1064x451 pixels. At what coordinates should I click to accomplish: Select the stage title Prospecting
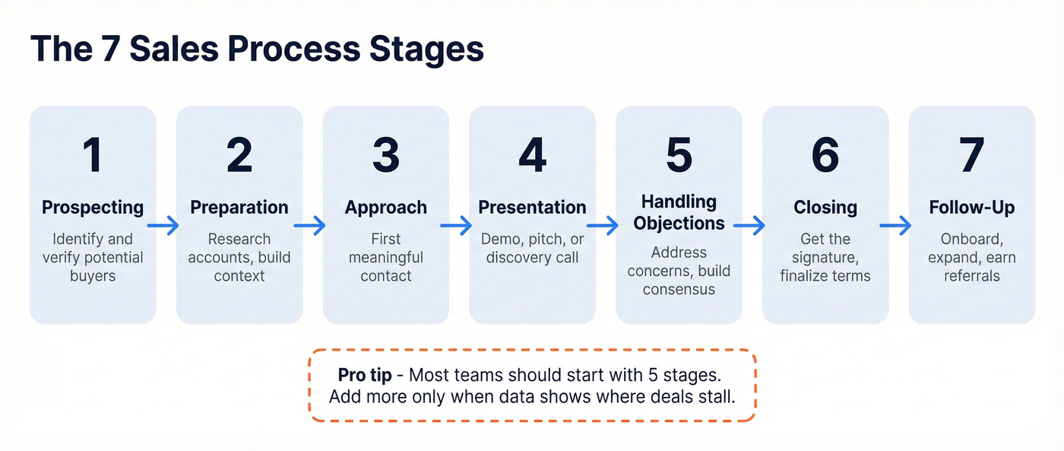pyautogui.click(x=93, y=207)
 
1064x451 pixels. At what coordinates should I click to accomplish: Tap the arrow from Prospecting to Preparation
pyautogui.click(x=163, y=225)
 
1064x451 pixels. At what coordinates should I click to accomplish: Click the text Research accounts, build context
pyautogui.click(x=239, y=257)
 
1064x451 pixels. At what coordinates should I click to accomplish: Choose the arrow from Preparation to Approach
pyautogui.click(x=310, y=225)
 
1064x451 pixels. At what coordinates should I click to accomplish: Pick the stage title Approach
pyautogui.click(x=386, y=207)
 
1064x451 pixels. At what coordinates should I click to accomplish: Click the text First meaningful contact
pyautogui.click(x=386, y=257)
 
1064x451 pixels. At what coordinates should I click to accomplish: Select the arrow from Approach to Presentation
pyautogui.click(x=457, y=225)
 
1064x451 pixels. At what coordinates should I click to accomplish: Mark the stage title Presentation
pyautogui.click(x=532, y=207)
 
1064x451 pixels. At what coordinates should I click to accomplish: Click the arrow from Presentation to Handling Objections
pyautogui.click(x=603, y=225)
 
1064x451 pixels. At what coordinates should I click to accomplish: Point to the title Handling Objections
pyautogui.click(x=679, y=212)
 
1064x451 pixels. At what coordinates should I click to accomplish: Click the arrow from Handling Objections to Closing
pyautogui.click(x=749, y=225)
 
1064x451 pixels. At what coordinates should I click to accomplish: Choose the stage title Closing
pyautogui.click(x=825, y=207)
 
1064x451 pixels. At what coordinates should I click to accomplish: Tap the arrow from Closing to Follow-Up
pyautogui.click(x=895, y=225)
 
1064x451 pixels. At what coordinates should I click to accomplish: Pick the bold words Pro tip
pyautogui.click(x=366, y=375)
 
